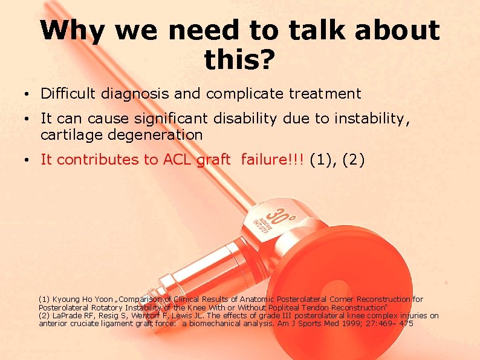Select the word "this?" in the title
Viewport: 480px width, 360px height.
[239, 59]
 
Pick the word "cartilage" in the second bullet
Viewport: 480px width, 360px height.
[70, 135]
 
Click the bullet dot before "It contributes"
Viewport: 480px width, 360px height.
[21, 161]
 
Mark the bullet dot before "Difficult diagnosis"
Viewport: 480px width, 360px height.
[21, 95]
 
